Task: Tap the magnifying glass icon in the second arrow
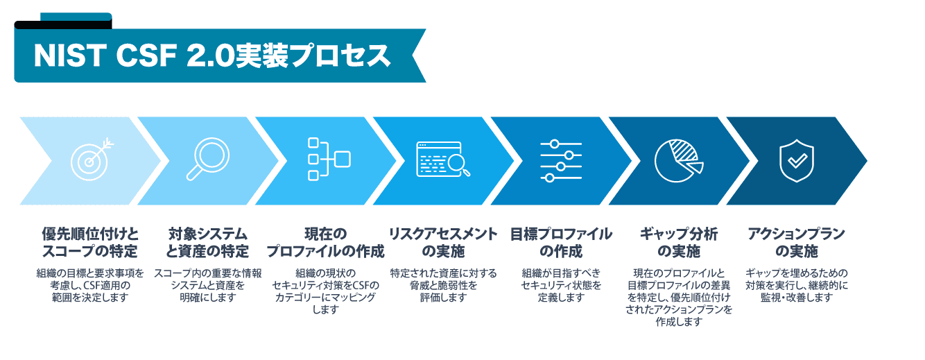coord(207,160)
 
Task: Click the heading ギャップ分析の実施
coord(679,242)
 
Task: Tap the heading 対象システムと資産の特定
coord(208,242)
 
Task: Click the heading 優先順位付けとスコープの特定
coord(90,242)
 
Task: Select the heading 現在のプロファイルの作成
coord(325,242)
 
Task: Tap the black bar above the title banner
coord(62,25)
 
